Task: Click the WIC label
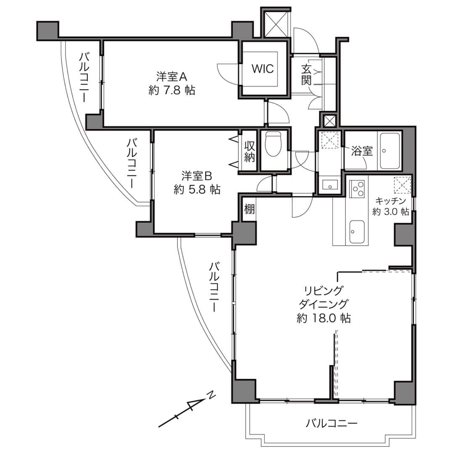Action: click(262, 69)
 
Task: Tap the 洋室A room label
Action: click(172, 77)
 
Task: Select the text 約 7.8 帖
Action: click(172, 91)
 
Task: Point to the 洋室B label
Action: click(197, 176)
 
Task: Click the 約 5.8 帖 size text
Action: click(197, 190)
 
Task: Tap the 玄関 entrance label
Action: click(306, 74)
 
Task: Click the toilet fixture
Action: click(273, 144)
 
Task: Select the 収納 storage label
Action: click(250, 151)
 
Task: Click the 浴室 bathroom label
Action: click(362, 151)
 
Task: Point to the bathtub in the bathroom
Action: click(390, 150)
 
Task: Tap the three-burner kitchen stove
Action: click(357, 189)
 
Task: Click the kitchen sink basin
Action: click(357, 232)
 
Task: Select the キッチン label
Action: click(391, 201)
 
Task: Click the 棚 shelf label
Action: click(250, 209)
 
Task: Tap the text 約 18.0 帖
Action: click(324, 319)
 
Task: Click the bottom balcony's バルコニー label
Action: click(332, 424)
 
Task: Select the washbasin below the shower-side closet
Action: click(330, 185)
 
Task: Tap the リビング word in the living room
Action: click(324, 290)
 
